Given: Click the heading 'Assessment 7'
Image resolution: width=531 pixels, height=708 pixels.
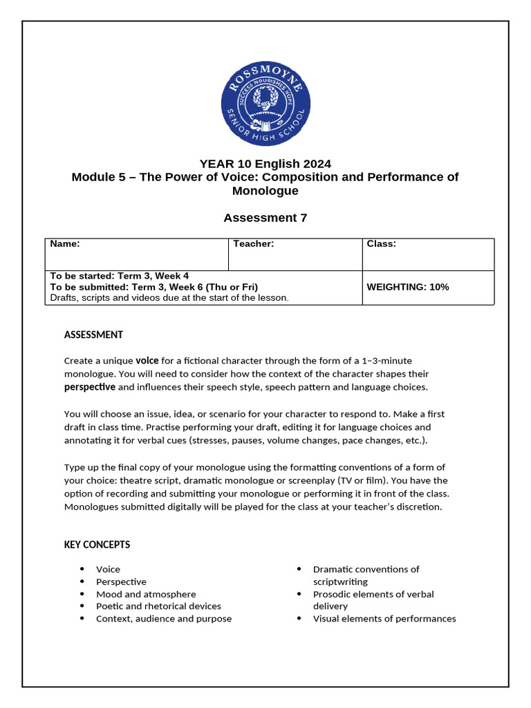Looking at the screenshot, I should (265, 218).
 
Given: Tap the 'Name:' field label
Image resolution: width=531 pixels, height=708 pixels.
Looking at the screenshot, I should (65, 244).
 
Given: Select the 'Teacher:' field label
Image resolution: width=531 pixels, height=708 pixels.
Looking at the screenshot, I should (254, 244).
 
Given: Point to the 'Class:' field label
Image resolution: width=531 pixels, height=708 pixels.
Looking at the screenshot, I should (381, 244).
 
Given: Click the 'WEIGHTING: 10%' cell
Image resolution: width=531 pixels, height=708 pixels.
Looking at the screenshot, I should (407, 287).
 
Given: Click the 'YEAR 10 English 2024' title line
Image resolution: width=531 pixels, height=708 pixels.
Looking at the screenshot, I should (265, 164).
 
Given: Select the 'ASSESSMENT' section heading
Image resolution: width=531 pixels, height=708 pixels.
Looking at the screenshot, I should (93, 335).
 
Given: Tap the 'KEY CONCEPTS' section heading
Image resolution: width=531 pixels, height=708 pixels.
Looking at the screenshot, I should (97, 545).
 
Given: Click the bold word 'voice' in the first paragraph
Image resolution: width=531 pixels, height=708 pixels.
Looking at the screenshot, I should (147, 360).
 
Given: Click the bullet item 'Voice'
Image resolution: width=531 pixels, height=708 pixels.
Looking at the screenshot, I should (108, 570).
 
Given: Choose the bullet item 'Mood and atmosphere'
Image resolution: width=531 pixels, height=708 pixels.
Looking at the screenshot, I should (146, 595).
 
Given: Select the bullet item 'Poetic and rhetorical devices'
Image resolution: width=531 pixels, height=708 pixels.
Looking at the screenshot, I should (158, 606).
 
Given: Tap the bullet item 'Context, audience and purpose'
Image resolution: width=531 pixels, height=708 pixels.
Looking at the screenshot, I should (164, 619).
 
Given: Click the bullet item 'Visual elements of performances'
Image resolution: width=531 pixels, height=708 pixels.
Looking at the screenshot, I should (384, 619).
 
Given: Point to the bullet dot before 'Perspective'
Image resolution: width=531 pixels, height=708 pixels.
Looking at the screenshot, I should (82, 582).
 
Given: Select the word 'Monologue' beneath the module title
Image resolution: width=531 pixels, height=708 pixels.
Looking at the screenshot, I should (265, 191).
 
